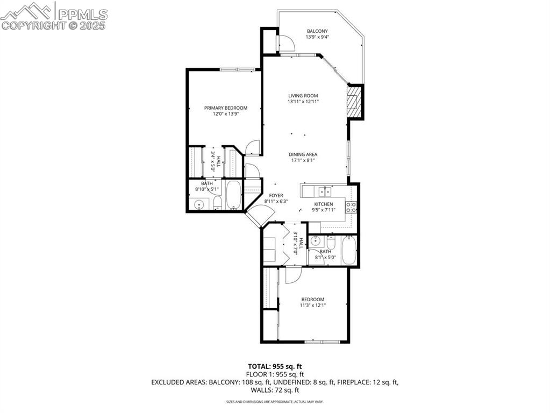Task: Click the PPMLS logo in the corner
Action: pos(54,16)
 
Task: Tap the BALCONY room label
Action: pos(317,31)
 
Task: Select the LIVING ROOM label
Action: pos(303,96)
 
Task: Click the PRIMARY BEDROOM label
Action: pos(225,108)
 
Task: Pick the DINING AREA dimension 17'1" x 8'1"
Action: pos(303,160)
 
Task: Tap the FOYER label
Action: pos(276,196)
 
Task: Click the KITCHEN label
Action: pos(324,204)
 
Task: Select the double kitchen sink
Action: pos(324,191)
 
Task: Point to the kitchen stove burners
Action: pos(351,208)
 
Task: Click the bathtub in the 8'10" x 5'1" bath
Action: pos(234,195)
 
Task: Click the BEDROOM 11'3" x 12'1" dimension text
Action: pos(312,305)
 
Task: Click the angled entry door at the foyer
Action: pos(254,216)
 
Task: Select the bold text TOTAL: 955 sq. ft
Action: pos(275,366)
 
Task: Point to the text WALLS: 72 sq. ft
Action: pos(275,390)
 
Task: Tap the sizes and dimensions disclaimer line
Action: pos(275,402)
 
